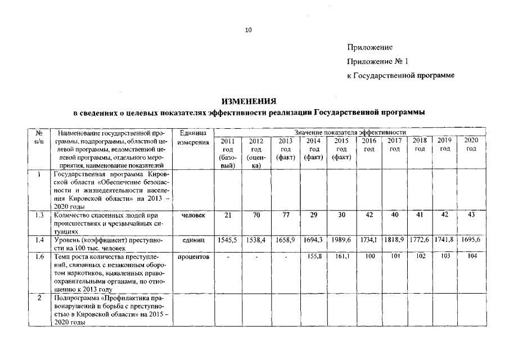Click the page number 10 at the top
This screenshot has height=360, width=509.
249,30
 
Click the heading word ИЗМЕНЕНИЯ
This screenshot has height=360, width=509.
249,102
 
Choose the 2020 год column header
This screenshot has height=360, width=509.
471,144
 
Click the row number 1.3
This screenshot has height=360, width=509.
39,215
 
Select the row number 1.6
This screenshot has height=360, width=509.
39,256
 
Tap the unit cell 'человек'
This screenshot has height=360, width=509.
193,215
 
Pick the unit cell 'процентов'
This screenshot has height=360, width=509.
193,256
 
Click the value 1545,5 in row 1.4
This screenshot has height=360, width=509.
227,240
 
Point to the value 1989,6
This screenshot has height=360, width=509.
341,240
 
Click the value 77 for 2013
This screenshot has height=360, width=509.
285,215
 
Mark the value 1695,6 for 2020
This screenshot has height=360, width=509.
471,240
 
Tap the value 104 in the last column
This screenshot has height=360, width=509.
471,256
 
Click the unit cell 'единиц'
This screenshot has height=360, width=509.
193,240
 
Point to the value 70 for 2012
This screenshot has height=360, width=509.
256,215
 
